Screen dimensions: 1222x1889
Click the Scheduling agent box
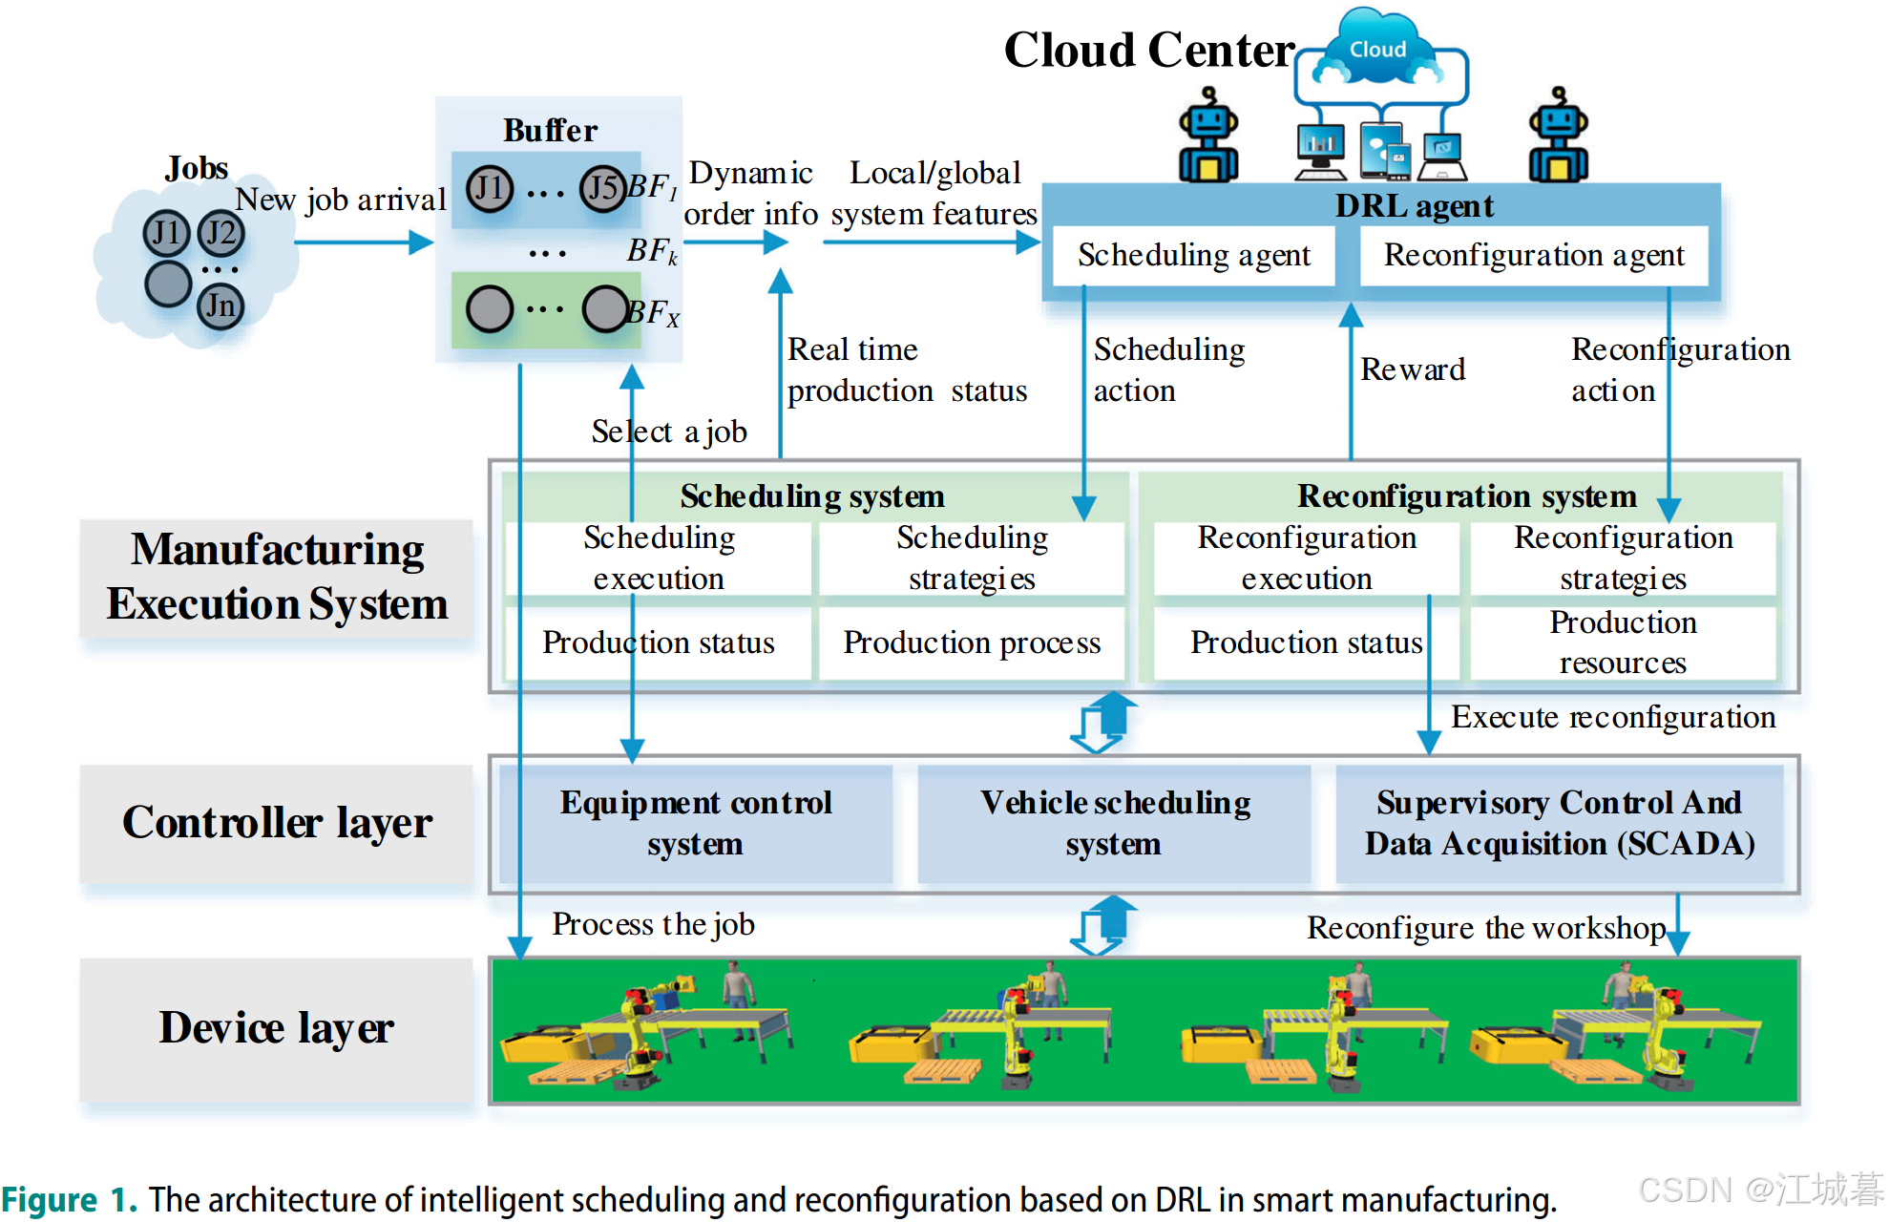coord(1193,256)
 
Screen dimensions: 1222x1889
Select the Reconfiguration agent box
coord(1533,256)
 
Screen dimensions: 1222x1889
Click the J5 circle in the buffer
coord(603,188)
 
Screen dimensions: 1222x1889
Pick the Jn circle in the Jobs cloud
coord(220,306)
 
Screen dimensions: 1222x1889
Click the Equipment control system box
coord(696,823)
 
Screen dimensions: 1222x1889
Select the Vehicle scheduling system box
coord(1114,823)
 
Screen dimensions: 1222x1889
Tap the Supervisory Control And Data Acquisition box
coord(1559,823)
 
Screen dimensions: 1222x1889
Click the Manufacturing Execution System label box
coord(277,578)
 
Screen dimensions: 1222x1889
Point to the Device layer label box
coord(277,1029)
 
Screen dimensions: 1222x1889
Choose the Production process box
coord(972,643)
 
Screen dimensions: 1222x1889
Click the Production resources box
coord(1623,643)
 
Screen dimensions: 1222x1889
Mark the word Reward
coord(1413,369)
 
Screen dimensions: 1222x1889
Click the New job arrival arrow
coord(363,242)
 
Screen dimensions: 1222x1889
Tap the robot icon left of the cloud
coord(1208,136)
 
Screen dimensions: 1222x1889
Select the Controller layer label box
coord(277,823)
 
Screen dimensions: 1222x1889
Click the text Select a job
coord(669,432)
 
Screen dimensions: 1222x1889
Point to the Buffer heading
coord(551,131)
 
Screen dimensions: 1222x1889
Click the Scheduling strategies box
coord(972,558)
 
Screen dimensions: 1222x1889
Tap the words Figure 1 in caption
coord(69,1200)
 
